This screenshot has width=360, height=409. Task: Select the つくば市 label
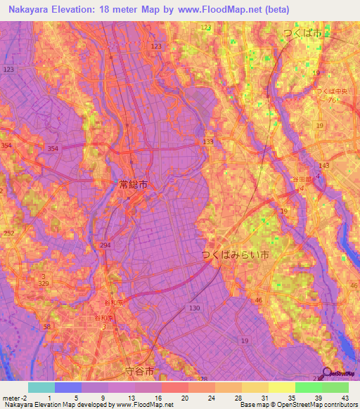pos(302,34)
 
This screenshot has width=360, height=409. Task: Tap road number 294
pos(105,244)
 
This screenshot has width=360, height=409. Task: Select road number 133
pos(207,142)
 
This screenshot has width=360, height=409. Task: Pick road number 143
pos(324,165)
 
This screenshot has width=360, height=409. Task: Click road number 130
pos(195,309)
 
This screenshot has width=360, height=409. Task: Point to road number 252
pos(8,232)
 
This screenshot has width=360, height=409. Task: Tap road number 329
pos(44,283)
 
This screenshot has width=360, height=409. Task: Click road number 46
pos(258,300)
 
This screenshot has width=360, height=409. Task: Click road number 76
pos(330,100)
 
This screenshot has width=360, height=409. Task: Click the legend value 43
pos(345,398)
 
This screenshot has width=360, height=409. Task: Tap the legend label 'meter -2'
pos(15,398)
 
